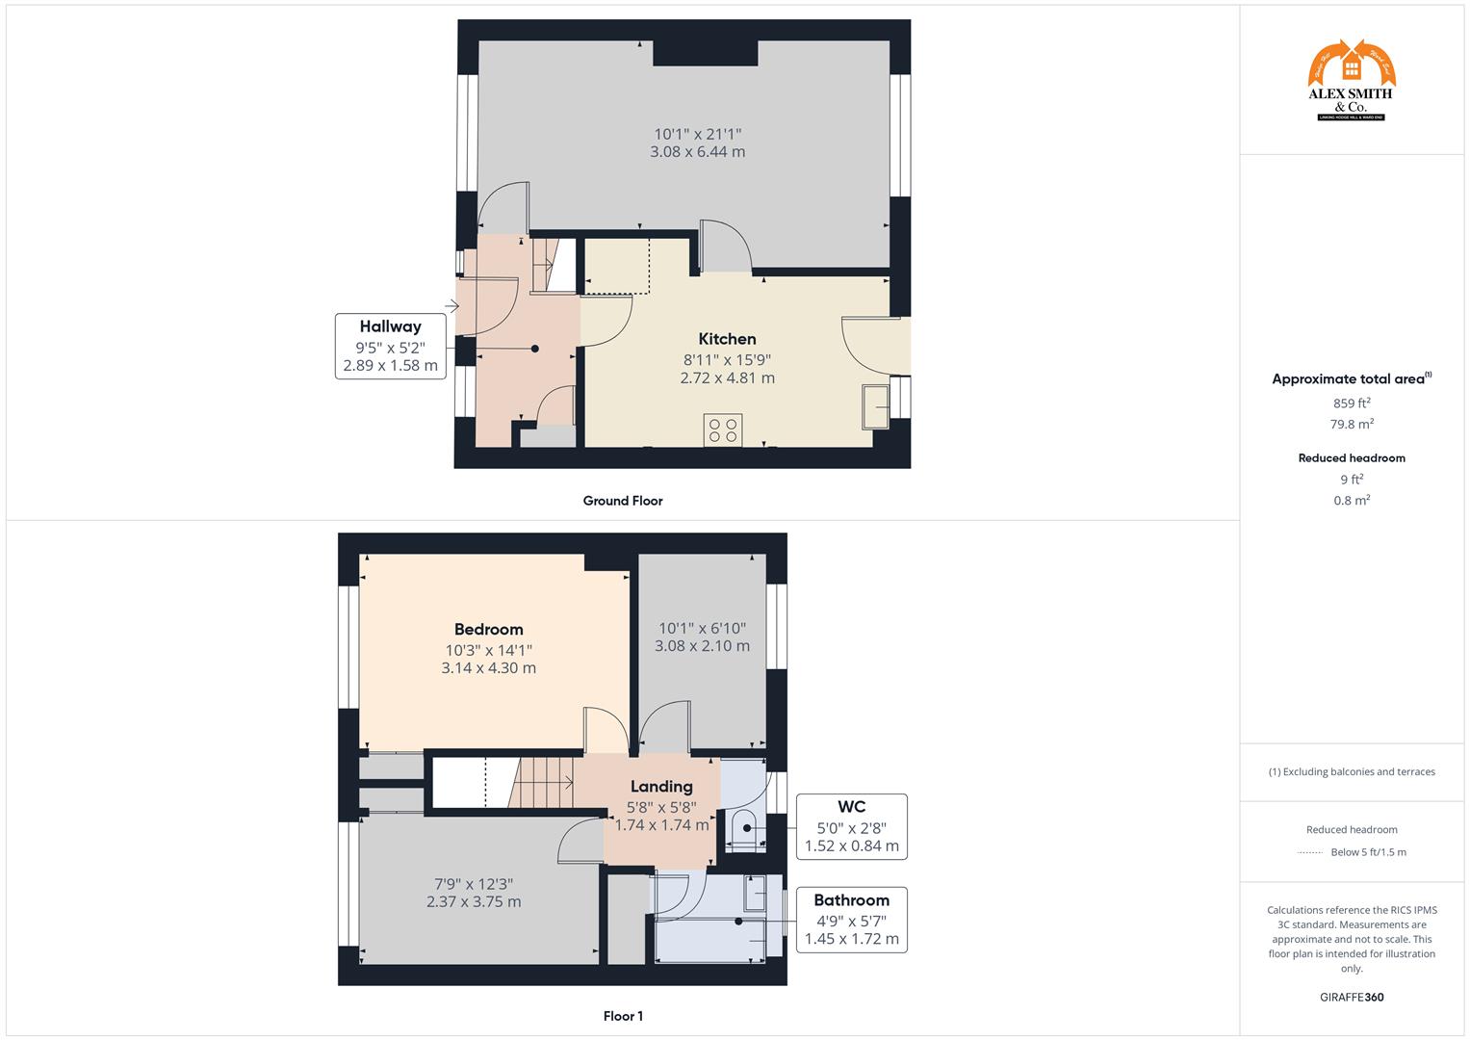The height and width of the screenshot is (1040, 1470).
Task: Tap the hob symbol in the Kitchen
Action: pos(723,429)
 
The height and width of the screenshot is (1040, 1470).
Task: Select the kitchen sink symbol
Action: pos(877,406)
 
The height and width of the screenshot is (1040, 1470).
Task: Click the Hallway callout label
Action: pos(390,346)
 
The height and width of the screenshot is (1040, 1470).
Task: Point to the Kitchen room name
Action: pos(727,339)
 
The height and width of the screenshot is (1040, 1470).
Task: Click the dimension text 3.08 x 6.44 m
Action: pos(698,152)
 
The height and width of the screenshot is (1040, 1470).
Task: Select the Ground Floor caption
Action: pos(623,501)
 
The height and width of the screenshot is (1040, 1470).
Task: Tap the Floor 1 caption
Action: pos(623,1016)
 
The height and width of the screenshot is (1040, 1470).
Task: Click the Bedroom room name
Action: pos(489,630)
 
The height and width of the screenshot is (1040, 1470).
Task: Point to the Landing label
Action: pos(661,787)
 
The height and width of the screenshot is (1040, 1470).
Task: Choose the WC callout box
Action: pos(851,826)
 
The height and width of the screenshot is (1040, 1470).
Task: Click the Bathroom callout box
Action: pos(851,920)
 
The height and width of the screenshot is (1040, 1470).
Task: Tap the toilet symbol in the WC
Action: pos(743,827)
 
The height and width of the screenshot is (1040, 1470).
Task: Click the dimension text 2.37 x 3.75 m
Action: pos(474,902)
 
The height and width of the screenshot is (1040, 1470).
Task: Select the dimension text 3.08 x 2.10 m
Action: pos(702,646)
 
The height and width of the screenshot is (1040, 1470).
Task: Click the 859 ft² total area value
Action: pos(1352,403)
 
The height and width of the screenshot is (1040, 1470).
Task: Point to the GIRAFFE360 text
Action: pos(1352,998)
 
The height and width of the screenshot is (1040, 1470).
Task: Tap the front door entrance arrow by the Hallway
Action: pos(451,307)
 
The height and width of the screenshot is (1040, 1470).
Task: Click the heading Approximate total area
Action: pos(1351,379)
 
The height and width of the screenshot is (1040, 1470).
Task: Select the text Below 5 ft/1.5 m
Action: pos(1368,852)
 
